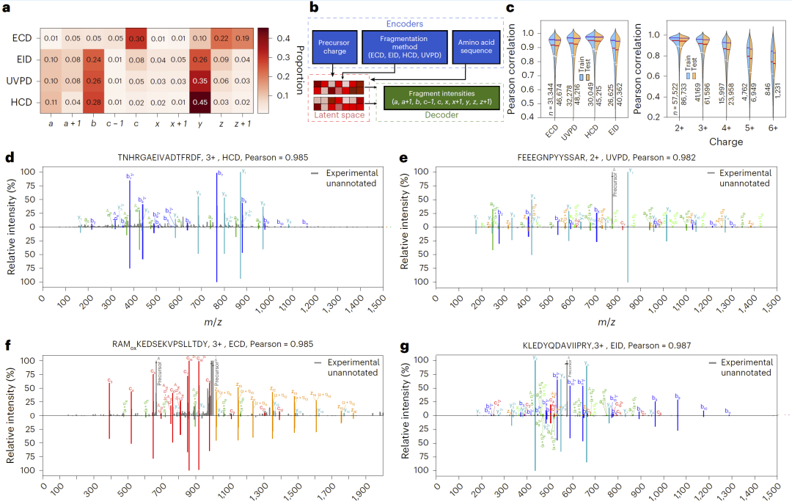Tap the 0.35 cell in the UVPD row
point(196,81)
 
